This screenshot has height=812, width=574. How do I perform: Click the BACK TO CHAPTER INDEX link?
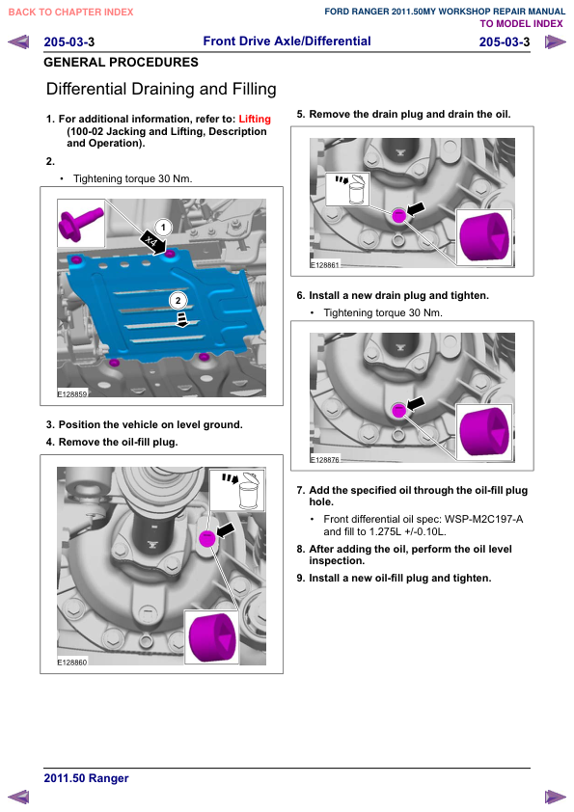[x=71, y=12]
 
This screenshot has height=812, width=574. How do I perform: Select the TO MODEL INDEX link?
[x=521, y=24]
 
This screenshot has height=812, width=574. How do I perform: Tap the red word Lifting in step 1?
[x=255, y=120]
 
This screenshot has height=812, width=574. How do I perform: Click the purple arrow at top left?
[x=18, y=41]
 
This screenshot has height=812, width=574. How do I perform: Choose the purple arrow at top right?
[x=556, y=41]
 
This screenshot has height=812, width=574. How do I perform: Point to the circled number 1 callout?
[x=163, y=228]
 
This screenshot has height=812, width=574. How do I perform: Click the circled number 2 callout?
[x=178, y=300]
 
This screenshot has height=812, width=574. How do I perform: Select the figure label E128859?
[x=72, y=394]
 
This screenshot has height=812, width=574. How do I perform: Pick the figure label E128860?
[x=72, y=662]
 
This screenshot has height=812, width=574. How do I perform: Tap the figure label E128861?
[x=324, y=264]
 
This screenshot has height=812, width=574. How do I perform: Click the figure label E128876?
[x=324, y=459]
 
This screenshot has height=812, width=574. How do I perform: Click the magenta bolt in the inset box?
[x=79, y=223]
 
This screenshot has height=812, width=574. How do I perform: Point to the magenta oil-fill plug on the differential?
[x=206, y=538]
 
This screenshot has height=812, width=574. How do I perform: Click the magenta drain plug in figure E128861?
[x=398, y=215]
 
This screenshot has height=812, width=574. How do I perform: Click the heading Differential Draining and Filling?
[x=161, y=89]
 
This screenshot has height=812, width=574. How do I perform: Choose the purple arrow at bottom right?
[x=556, y=797]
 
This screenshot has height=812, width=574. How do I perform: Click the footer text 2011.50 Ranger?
[x=86, y=778]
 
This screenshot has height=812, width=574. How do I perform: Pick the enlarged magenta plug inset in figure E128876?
[x=484, y=432]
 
